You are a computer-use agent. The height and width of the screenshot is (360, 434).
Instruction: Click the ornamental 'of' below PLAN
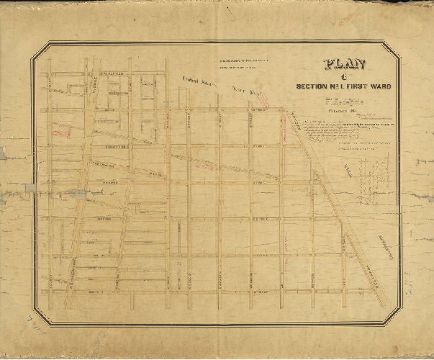pyautogui.click(x=345, y=76)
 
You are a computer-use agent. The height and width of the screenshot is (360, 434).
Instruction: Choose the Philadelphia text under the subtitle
pyautogui.click(x=345, y=102)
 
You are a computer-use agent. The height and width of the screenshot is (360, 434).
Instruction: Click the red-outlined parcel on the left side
pyautogui.click(x=63, y=131)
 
